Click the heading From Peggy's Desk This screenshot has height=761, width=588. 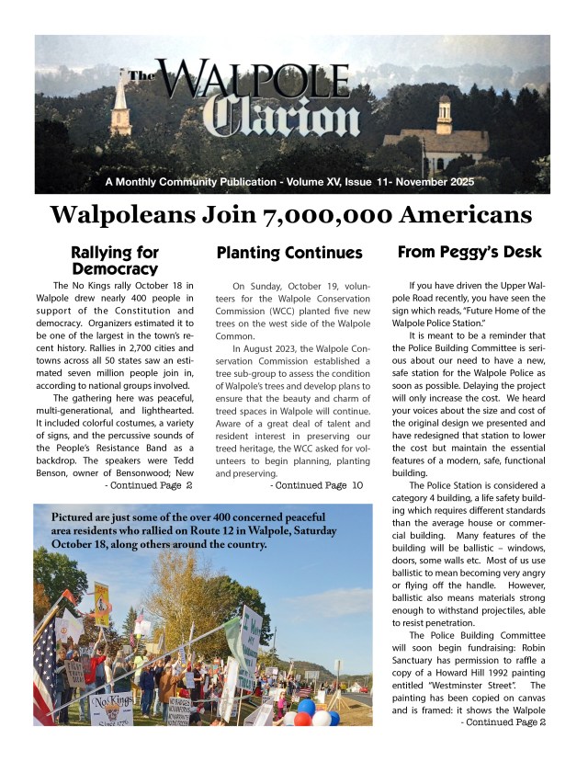tap(469, 252)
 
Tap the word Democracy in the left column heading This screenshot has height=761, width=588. tap(115, 268)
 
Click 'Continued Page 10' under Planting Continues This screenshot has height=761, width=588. tap(317, 484)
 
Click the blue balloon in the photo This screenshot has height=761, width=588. tap(307, 707)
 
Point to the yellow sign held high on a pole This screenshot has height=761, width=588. tap(101, 601)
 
